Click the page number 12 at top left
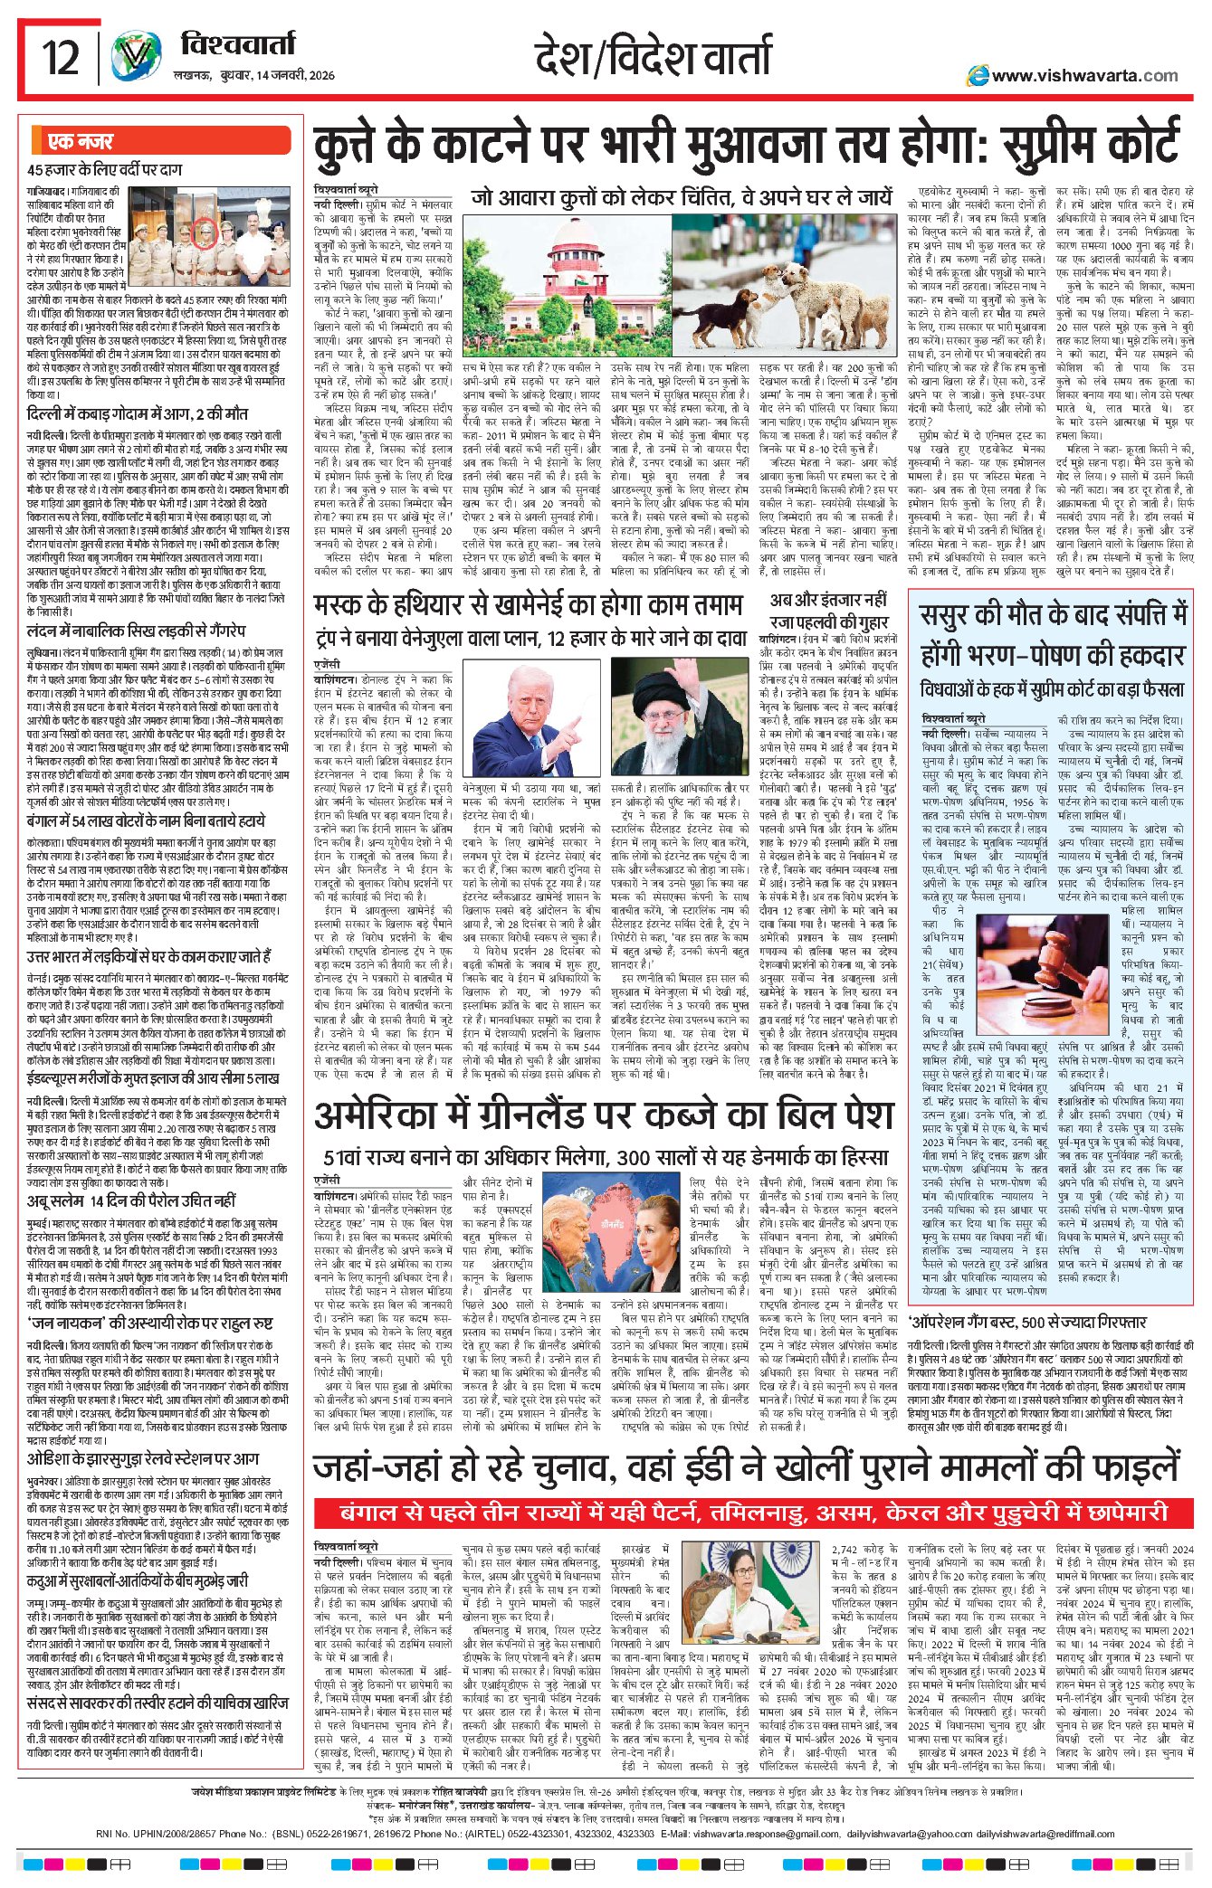coord(62,59)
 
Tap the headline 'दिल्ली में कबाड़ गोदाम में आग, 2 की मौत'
coord(137,413)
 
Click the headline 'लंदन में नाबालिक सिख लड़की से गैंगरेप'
coord(136,631)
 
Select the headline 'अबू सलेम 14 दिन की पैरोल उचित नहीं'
coord(131,1201)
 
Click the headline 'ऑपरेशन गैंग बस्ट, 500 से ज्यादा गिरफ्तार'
coord(1026,1322)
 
